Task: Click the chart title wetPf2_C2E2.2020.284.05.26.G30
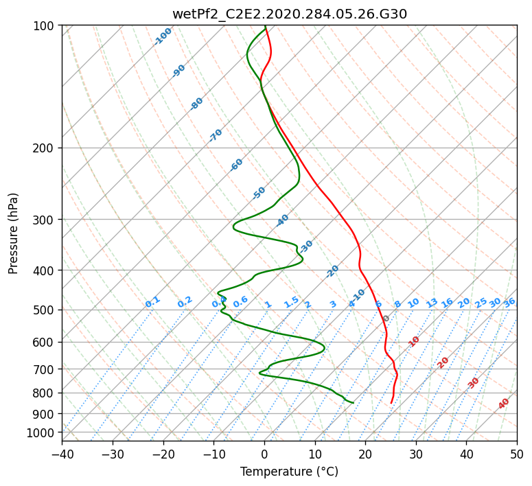pyautogui.click(x=289, y=14)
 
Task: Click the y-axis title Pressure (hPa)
pyautogui.click(x=14, y=233)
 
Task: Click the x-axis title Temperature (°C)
pyautogui.click(x=289, y=472)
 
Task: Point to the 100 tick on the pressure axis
pyautogui.click(x=45, y=26)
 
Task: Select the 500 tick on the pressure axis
pyautogui.click(x=45, y=310)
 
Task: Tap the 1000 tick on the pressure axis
pyautogui.click(x=42, y=433)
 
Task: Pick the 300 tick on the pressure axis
pyautogui.click(x=45, y=220)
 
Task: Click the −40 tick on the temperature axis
pyautogui.click(x=62, y=454)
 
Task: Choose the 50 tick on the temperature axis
pyautogui.click(x=517, y=454)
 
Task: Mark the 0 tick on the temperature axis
pyautogui.click(x=264, y=454)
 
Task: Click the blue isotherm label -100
pyautogui.click(x=163, y=36)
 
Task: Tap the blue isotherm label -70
pyautogui.click(x=216, y=135)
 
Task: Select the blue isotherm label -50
pyautogui.click(x=259, y=193)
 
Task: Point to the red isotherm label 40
pyautogui.click(x=504, y=404)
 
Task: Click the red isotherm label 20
pyautogui.click(x=443, y=362)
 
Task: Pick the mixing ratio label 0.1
pyautogui.click(x=152, y=301)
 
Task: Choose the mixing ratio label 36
pyautogui.click(x=509, y=302)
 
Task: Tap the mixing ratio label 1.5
pyautogui.click(x=291, y=301)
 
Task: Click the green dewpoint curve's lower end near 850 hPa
pyautogui.click(x=353, y=402)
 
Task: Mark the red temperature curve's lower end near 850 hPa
pyautogui.click(x=391, y=403)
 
